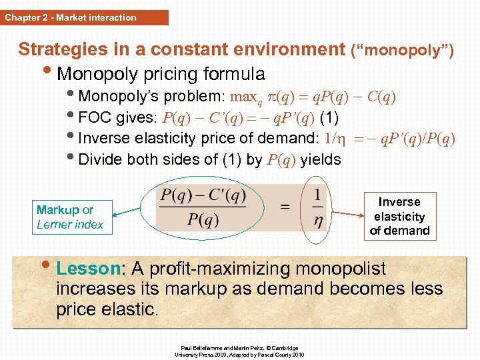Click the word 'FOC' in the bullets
coord(94,118)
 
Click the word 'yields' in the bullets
coord(321,159)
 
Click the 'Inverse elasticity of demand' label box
coord(399,216)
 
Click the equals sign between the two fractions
coord(285,207)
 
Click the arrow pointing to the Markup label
coord(133,212)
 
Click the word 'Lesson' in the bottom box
coord(87,269)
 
